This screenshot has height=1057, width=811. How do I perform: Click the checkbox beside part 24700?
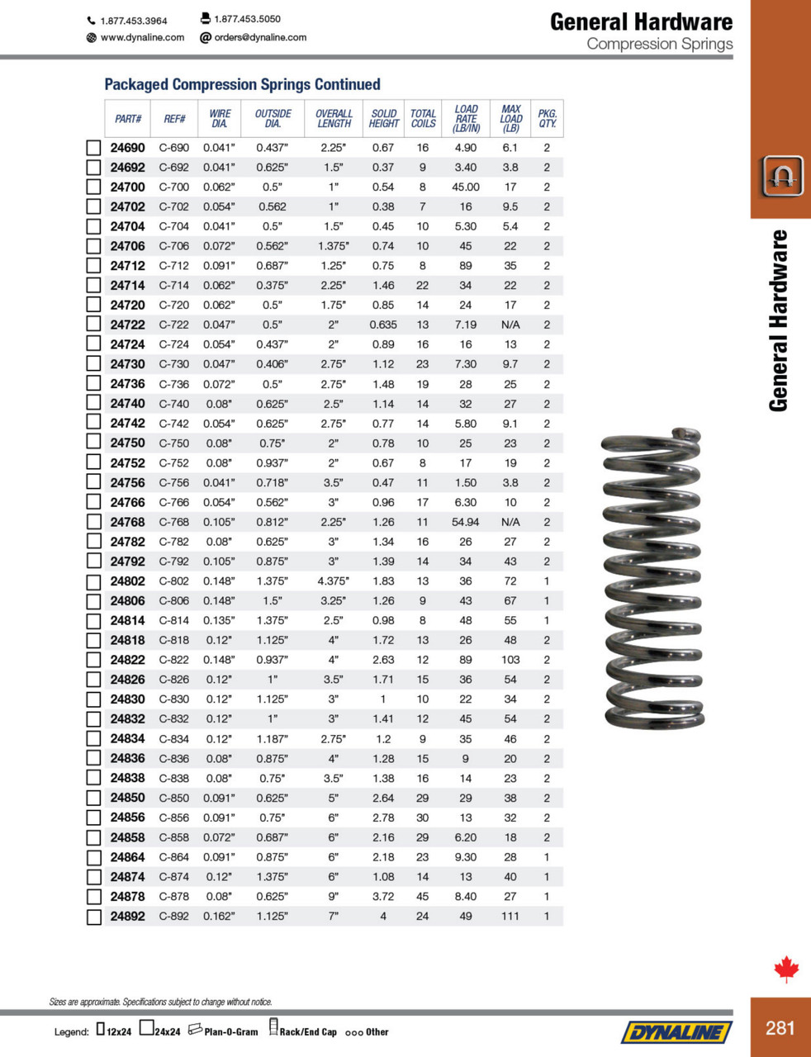tap(94, 187)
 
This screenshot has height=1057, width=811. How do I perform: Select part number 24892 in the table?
tap(128, 916)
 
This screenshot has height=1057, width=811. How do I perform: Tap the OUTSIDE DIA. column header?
tap(273, 118)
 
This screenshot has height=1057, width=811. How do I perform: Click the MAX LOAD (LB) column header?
tap(510, 118)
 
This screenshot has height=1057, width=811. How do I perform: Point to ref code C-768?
tap(174, 522)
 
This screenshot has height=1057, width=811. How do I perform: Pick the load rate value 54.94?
tap(466, 522)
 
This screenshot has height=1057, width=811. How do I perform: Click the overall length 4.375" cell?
tap(334, 581)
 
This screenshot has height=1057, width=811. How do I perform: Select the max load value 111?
tap(510, 916)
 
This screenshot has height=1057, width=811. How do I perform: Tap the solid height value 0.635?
tap(383, 325)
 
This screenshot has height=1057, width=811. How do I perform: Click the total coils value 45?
tap(423, 896)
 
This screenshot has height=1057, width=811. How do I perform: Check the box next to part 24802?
tap(94, 581)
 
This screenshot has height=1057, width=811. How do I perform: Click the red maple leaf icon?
tap(786, 969)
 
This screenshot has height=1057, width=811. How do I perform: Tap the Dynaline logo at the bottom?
tap(676, 1031)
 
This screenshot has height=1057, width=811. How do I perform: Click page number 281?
tap(780, 1027)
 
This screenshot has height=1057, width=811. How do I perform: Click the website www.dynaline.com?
tap(142, 37)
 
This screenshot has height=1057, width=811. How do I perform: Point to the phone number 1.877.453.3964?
tap(133, 21)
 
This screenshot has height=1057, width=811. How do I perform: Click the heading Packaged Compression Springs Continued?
tap(242, 84)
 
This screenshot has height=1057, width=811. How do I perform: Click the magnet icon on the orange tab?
tap(781, 175)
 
